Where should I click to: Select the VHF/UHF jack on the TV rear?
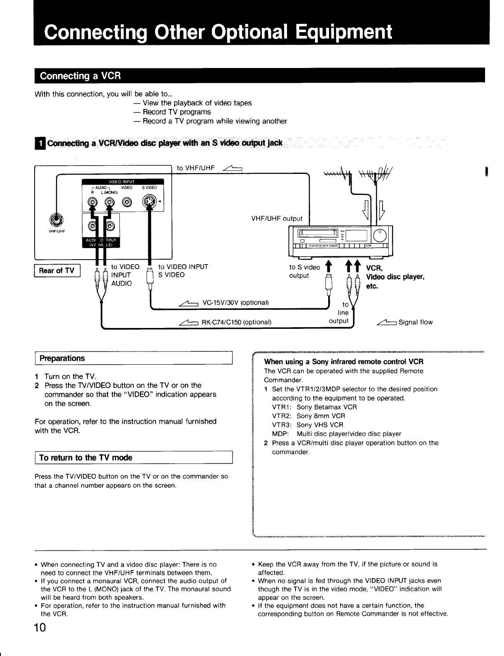57,220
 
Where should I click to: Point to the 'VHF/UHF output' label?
277,218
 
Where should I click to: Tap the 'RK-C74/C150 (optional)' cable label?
236,322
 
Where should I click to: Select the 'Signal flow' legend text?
415,322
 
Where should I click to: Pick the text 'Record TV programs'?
176,112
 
